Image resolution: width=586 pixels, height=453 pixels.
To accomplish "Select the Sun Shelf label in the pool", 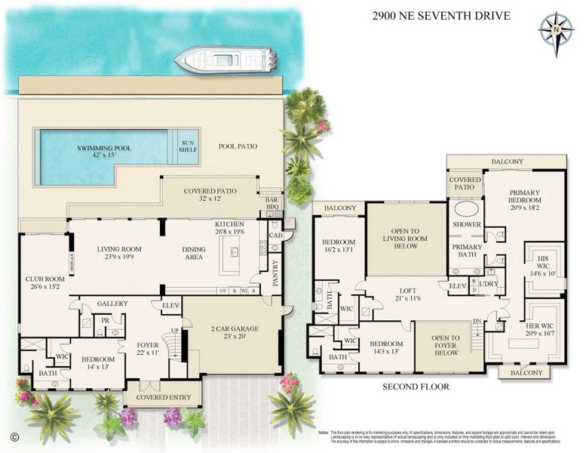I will point(187,145).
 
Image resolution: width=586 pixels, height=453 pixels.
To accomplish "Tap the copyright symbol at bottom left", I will point(14,436).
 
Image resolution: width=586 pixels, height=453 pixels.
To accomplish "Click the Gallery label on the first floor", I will point(112,303).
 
